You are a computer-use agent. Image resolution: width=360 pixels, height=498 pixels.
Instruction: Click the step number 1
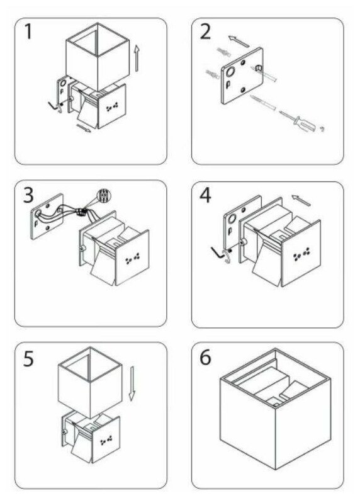point(28,31)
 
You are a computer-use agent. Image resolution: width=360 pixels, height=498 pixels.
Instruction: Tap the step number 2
point(205,31)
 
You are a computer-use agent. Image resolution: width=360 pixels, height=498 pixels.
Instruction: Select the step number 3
point(28,195)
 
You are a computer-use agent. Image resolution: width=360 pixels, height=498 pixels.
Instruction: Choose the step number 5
point(28,358)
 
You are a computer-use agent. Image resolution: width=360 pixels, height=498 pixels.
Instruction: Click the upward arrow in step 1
point(137,58)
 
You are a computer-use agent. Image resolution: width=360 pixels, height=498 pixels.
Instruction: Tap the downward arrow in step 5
point(132,383)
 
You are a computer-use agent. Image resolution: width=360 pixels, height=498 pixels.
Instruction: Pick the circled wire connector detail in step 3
point(104,195)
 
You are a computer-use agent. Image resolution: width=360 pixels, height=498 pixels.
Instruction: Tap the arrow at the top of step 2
point(239,42)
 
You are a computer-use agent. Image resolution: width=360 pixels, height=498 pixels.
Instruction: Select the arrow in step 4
point(301,200)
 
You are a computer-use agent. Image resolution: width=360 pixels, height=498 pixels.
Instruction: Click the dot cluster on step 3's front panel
point(133,259)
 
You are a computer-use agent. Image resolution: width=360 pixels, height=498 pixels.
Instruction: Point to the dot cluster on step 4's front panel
point(301,254)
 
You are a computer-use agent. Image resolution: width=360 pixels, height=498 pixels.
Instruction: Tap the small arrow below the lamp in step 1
point(84,128)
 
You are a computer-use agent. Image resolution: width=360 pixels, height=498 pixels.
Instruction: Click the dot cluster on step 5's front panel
point(106,440)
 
